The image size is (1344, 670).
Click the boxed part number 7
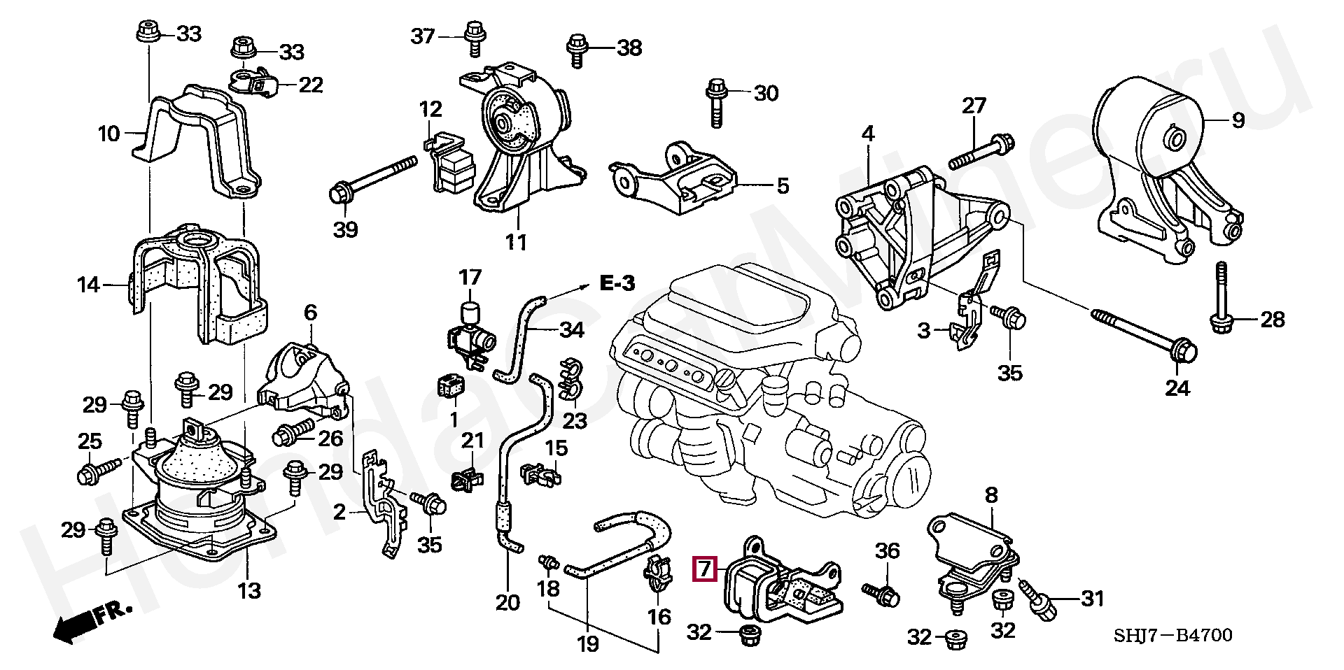704,569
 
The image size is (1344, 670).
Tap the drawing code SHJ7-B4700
1173,635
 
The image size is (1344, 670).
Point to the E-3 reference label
617,283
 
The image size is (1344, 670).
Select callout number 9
1238,120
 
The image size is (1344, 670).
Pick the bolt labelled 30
716,103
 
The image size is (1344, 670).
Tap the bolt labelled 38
577,49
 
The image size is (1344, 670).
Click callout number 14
89,285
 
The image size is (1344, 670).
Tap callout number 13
248,591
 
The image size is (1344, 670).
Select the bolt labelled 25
96,471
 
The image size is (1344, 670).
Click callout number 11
516,242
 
